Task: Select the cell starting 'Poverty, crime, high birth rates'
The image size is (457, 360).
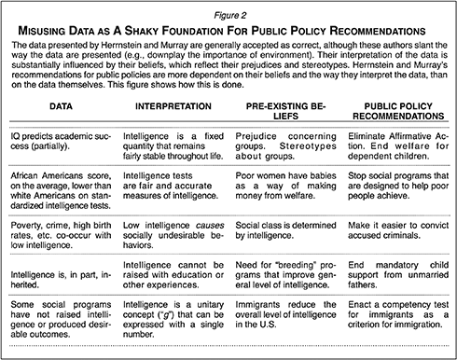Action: pos(60,250)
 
